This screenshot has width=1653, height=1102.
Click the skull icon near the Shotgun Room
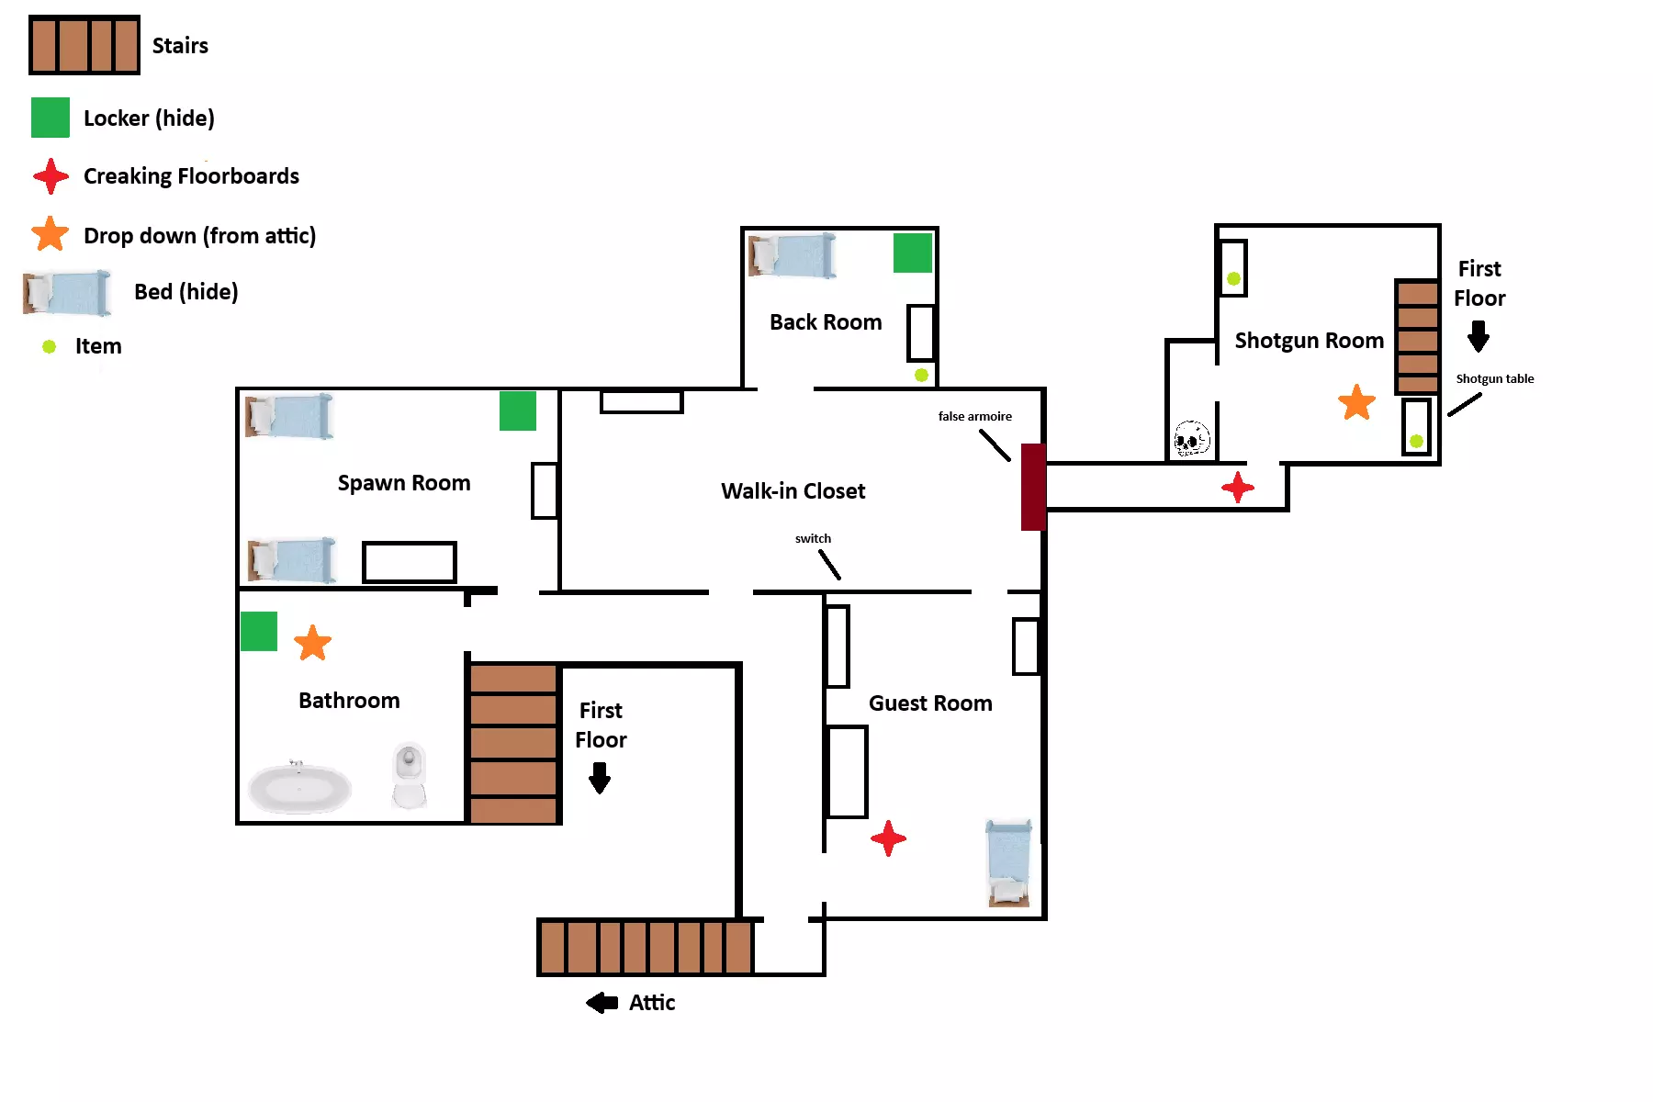(x=1192, y=438)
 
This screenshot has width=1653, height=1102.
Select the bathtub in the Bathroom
(x=299, y=788)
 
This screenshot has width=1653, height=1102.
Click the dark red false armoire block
(x=1033, y=487)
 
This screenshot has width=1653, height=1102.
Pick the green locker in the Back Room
(x=913, y=253)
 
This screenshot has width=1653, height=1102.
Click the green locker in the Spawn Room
(x=518, y=410)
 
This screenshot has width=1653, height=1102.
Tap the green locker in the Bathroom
(x=259, y=632)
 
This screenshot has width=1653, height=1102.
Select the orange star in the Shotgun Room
(x=1356, y=402)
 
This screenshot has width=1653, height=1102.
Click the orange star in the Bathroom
(x=312, y=643)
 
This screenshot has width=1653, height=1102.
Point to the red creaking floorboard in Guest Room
(x=888, y=838)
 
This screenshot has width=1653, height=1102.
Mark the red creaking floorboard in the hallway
(x=1238, y=487)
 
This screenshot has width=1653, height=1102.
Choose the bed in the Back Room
(x=793, y=255)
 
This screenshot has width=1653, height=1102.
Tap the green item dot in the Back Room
(x=921, y=375)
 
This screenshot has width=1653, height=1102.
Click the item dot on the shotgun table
(x=1416, y=441)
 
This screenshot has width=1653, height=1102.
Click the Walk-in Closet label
(x=793, y=491)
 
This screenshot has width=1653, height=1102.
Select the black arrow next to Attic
(x=602, y=1003)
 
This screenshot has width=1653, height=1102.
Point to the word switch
(x=813, y=539)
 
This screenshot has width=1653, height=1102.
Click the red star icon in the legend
(x=51, y=176)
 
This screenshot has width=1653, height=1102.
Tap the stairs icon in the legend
(x=84, y=45)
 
